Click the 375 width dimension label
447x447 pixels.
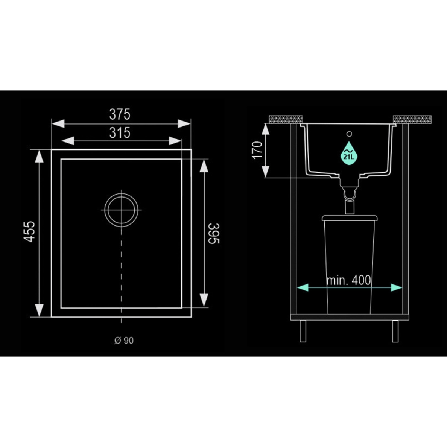[x=120, y=114]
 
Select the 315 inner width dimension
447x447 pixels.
[x=120, y=133]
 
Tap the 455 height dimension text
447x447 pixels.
[x=29, y=231]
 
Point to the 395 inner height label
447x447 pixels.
[x=214, y=234]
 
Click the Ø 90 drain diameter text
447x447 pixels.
[x=124, y=341]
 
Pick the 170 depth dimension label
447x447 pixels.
[x=257, y=150]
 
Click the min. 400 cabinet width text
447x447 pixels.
[x=349, y=280]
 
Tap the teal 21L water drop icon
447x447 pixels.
[x=349, y=154]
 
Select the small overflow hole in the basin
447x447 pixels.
[x=349, y=134]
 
